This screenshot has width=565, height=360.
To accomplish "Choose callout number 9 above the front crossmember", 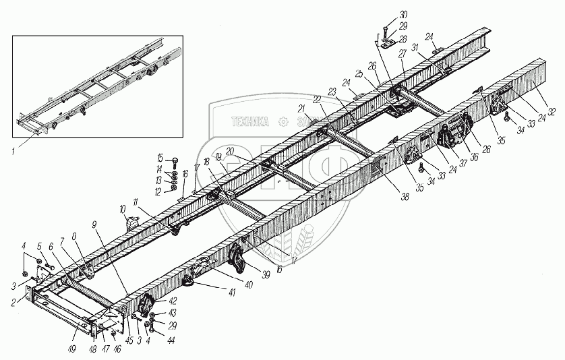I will [94, 222].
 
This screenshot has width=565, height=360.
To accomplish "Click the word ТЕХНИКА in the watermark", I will [250, 121].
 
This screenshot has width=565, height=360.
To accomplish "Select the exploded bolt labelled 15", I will [174, 162].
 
